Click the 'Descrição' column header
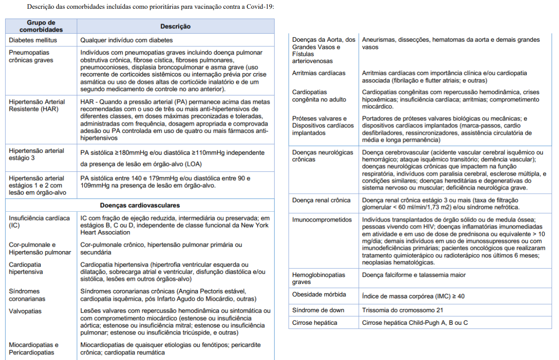[175, 26]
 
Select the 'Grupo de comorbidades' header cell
[41, 26]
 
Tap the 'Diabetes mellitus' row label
[33, 40]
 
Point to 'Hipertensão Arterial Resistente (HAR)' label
[37, 105]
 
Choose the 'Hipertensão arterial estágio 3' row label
[37, 154]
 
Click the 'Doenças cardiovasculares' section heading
[140, 205]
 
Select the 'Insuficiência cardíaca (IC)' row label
[39, 221]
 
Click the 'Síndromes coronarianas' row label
[27, 295]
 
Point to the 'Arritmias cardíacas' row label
[319, 73]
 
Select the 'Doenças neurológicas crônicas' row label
[322, 156]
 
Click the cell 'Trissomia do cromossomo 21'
[402, 310]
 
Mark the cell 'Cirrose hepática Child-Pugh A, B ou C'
[415, 322]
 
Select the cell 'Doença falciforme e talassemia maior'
[414, 275]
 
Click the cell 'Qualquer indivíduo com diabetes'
[126, 40]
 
